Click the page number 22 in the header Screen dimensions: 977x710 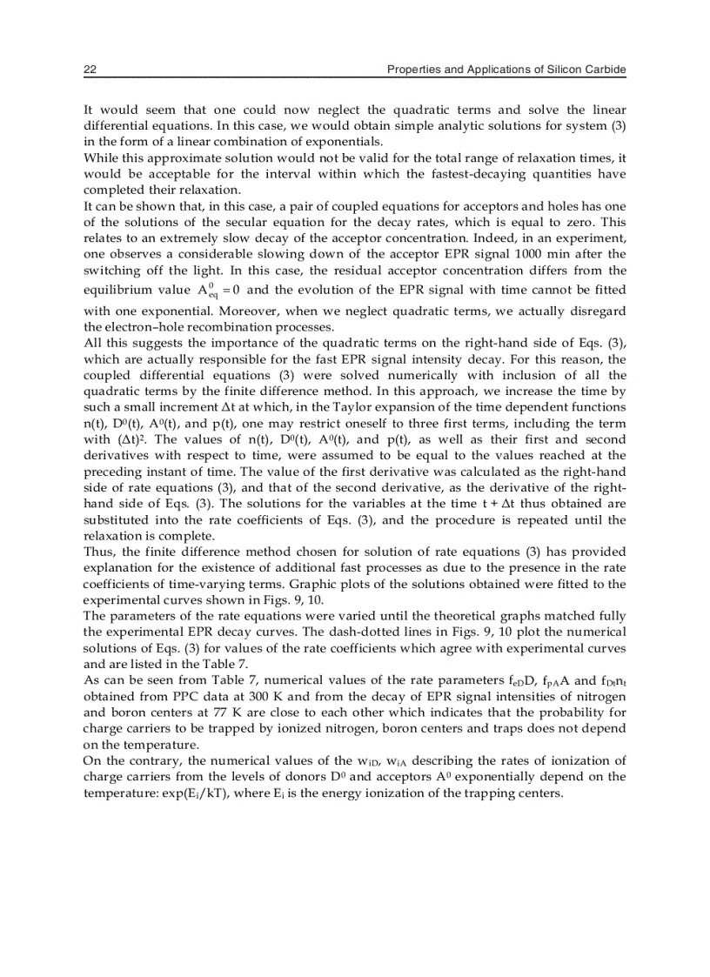pos(89,70)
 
